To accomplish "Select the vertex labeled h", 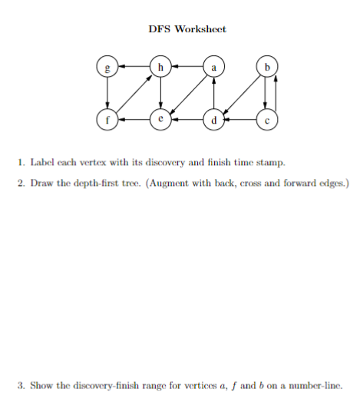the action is tap(160, 68).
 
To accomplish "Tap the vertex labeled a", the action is tap(213, 68).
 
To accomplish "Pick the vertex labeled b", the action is tap(266, 68).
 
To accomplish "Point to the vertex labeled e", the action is tap(160, 121).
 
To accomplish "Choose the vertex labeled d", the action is tap(213, 121).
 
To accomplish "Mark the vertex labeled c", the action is tap(266, 121).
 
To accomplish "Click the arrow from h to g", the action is tap(134, 68).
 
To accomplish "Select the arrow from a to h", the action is tap(187, 68).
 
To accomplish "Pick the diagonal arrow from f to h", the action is tap(134, 94).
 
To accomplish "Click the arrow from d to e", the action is tap(187, 121).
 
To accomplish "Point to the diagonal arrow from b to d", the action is tap(240, 94).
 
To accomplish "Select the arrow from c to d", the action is tap(240, 121).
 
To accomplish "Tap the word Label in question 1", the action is tap(43, 163).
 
